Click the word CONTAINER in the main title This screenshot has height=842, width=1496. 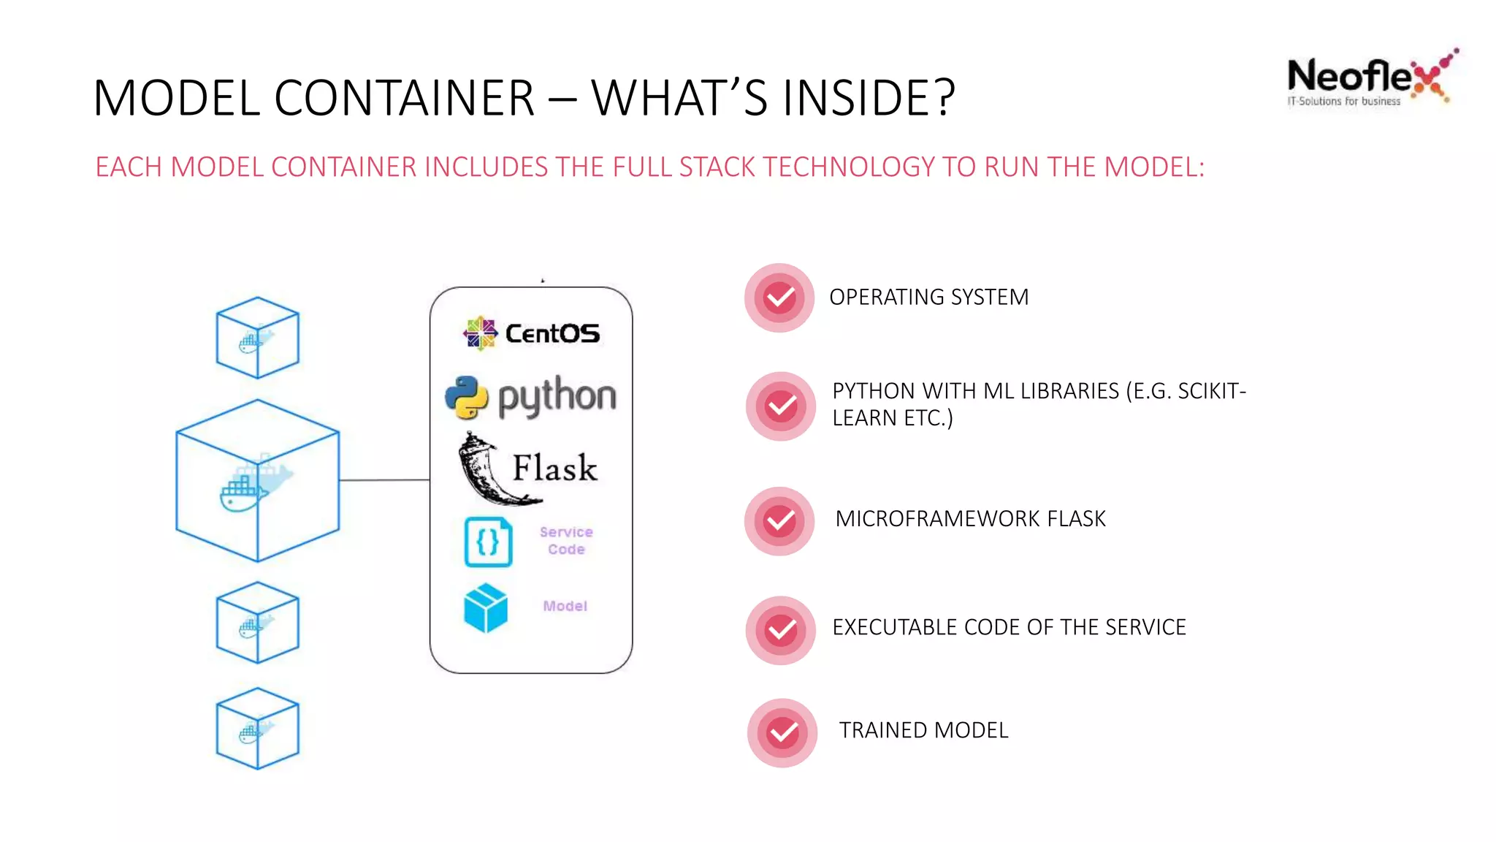click(404, 98)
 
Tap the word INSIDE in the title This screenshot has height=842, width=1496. click(849, 98)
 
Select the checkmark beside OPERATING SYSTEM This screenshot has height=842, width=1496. click(779, 297)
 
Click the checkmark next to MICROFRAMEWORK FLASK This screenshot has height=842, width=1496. click(779, 521)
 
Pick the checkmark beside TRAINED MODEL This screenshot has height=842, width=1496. click(782, 732)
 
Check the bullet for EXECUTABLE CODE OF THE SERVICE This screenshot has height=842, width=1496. click(781, 630)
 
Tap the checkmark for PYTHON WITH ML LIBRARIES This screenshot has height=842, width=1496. click(781, 406)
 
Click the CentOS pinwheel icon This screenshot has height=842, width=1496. click(480, 333)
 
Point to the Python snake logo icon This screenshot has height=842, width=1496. click(467, 397)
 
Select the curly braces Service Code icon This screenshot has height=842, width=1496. click(488, 542)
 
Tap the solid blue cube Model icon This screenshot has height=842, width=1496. click(485, 607)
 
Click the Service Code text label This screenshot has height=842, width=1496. click(566, 541)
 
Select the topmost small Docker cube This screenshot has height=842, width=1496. click(257, 338)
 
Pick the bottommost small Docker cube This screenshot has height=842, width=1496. click(257, 728)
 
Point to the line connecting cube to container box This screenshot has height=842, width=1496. click(384, 480)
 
